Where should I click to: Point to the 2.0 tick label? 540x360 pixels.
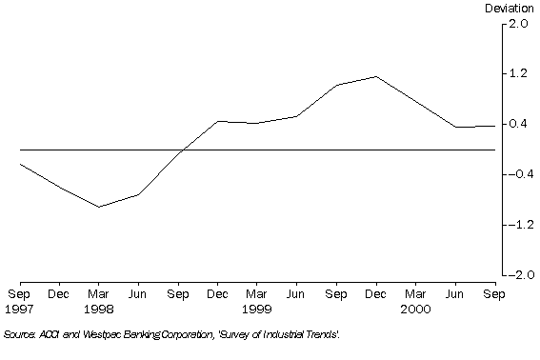tap(518, 24)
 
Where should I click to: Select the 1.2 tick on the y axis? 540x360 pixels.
tap(518, 73)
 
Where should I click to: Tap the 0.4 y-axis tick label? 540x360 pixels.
tap(518, 124)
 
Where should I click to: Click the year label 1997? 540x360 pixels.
tap(19, 310)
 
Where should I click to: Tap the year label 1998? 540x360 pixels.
tap(98, 310)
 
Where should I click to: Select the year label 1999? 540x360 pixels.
tap(256, 310)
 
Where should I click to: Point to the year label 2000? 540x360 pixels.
tap(414, 310)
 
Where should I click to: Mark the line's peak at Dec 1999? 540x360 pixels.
tap(375, 76)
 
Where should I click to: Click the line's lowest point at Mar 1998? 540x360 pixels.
tap(98, 207)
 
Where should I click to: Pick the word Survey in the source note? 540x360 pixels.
tap(226, 335)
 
